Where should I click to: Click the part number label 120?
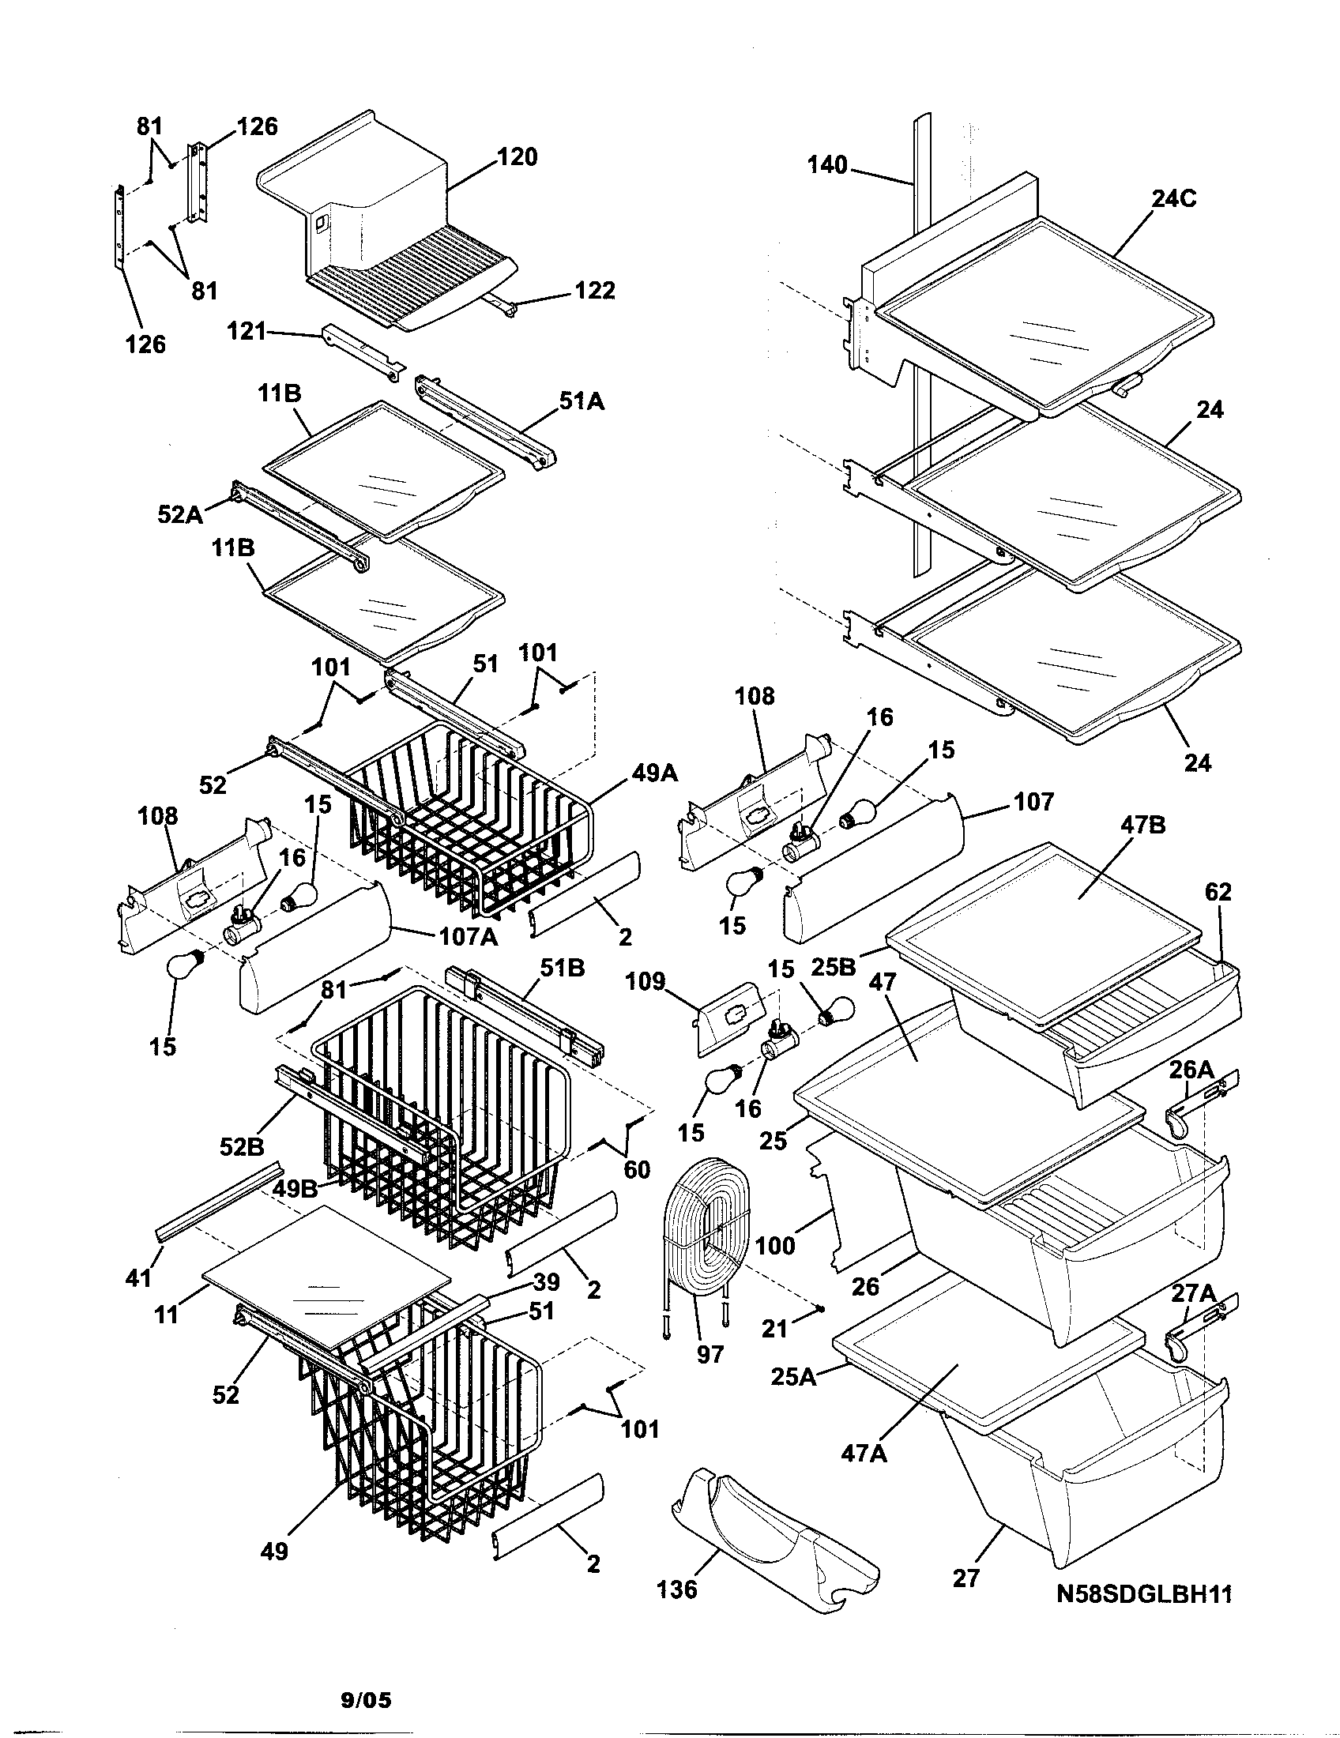[518, 157]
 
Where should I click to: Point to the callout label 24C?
[1174, 198]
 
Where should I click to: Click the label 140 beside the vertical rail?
[827, 166]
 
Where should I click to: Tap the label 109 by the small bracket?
[645, 982]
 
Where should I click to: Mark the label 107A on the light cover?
[469, 937]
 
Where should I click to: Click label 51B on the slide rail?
[562, 968]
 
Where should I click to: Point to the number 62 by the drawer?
[1218, 892]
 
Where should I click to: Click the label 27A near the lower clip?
[1193, 1294]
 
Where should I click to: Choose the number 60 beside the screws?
[637, 1169]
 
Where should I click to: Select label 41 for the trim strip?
[138, 1278]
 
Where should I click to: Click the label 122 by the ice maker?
[594, 291]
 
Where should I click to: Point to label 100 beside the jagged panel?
[774, 1245]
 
